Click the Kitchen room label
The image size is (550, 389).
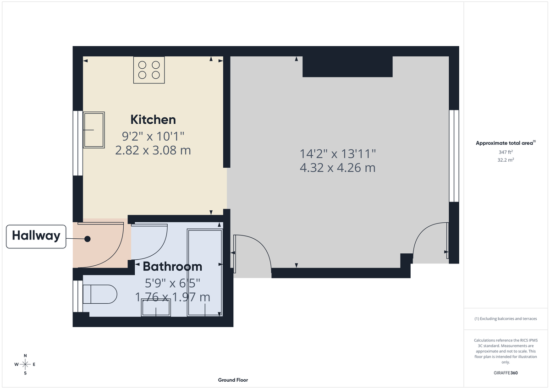(x=153, y=120)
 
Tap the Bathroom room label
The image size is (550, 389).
(x=172, y=266)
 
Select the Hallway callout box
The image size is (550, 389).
(x=36, y=236)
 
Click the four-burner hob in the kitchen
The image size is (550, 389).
(x=149, y=70)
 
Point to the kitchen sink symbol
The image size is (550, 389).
(x=93, y=130)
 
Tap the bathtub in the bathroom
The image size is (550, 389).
(x=205, y=273)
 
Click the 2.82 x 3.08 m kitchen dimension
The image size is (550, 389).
(x=153, y=150)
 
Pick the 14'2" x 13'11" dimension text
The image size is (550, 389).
(x=337, y=153)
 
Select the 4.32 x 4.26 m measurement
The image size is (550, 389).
(x=337, y=168)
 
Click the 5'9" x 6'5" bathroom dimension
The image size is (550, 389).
(x=172, y=283)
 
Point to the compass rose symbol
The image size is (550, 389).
(x=25, y=364)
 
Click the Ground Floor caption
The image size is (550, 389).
(x=233, y=380)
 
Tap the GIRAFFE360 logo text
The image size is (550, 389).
(x=506, y=373)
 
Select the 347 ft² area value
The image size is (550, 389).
(x=506, y=152)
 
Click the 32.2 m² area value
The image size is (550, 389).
(x=506, y=160)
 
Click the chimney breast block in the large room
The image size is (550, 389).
(x=347, y=66)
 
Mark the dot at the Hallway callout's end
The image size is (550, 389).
(x=87, y=239)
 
